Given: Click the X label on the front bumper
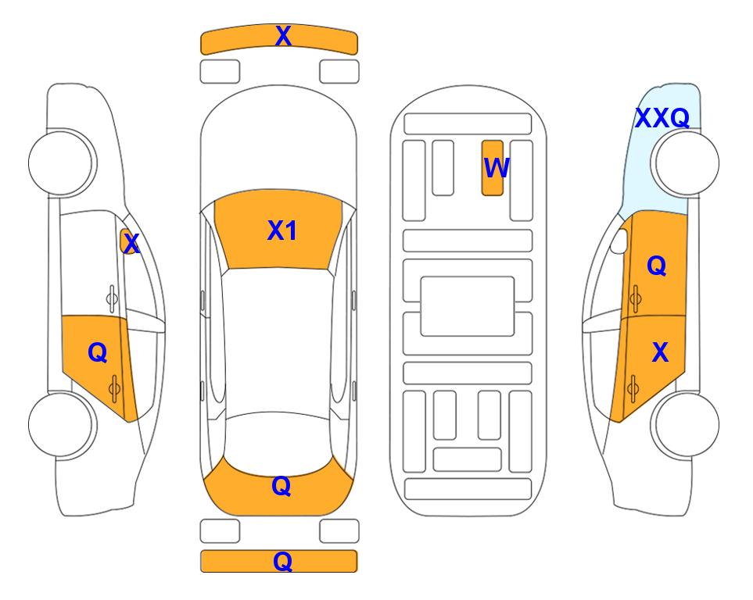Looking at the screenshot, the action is coord(283,36).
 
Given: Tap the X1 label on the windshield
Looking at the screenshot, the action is coord(282,230).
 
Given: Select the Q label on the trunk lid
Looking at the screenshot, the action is coord(281,486).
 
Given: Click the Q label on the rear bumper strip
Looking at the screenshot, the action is coord(282,561).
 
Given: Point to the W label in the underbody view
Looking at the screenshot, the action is coord(497,168).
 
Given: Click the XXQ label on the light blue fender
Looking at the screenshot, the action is coord(662,118).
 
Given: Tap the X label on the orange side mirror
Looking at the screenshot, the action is coord(131,244).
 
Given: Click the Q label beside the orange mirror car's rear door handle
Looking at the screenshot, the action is coord(98,353).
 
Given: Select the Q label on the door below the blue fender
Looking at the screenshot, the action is coord(657,266).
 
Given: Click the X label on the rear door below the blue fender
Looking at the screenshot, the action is coord(660,352).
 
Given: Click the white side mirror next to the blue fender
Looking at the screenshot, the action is coord(619,241).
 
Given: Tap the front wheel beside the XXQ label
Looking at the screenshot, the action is coord(687,162).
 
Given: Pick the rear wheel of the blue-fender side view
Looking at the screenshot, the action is coord(687,424).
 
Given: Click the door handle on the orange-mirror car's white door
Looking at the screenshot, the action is coord(112,298).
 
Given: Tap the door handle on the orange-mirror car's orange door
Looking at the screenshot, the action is coord(114,388).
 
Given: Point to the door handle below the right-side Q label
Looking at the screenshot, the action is coord(635,298).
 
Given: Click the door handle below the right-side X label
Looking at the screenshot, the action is coord(633,388).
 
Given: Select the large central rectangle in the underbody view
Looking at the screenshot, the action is coord(468,306).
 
